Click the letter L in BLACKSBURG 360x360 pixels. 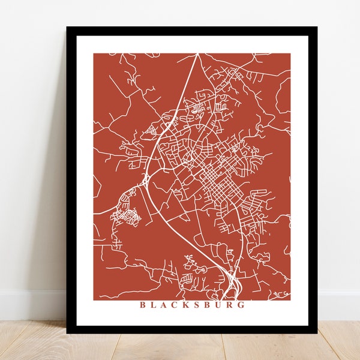(x=154, y=305)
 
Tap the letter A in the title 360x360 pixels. (x=166, y=305)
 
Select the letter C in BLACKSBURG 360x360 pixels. (x=178, y=305)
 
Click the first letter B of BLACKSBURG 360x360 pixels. (x=143, y=305)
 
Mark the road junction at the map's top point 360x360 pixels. (x=197, y=55)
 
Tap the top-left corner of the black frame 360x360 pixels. (x=67, y=28)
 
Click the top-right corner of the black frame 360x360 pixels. (x=317, y=28)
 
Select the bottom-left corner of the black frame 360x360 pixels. (x=67, y=332)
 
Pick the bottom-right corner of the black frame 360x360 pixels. (x=317, y=332)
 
